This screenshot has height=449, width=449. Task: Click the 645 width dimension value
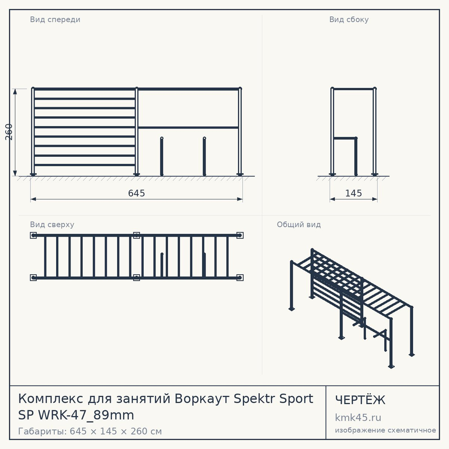tap(136, 193)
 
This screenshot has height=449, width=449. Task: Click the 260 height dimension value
tap(9, 132)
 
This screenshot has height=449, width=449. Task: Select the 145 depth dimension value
tap(353, 193)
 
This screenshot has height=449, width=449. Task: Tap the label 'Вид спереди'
tap(55, 19)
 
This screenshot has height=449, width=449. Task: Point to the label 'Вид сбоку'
tap(349, 19)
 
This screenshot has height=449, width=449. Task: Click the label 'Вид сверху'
tap(52, 224)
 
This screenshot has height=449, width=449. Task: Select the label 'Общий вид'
tap(299, 224)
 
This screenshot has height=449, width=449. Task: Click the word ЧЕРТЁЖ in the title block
tap(360, 400)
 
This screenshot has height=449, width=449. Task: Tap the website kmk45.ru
tap(358, 418)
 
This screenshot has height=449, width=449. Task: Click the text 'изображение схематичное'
tap(385, 430)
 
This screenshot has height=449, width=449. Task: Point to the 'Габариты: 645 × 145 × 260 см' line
tap(90, 431)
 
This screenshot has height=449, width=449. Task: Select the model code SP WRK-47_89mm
tap(76, 415)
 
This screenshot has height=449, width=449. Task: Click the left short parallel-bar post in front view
tap(162, 156)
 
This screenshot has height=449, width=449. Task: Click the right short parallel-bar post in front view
tap(204, 156)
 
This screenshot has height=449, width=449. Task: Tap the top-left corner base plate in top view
tap(33, 235)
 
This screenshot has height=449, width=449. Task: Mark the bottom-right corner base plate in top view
tap(240, 277)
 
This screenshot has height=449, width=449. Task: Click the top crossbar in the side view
tap(353, 89)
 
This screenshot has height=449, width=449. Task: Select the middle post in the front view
tap(136, 132)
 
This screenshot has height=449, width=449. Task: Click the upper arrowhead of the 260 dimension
tap(15, 91)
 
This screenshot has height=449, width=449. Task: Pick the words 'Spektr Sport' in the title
tap(273, 399)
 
